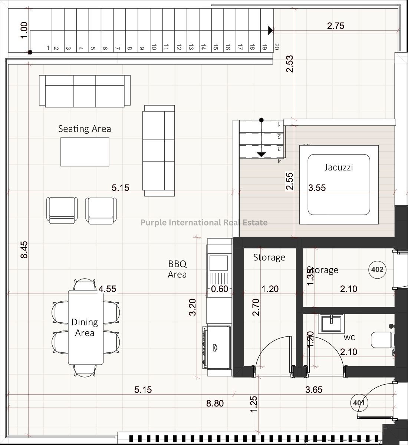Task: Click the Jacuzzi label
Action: [x=339, y=167]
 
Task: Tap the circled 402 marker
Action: [x=377, y=269]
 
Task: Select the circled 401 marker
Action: [x=359, y=403]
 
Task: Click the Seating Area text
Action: [x=85, y=129]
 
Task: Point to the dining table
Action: [x=86, y=328]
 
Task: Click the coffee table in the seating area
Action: [x=85, y=152]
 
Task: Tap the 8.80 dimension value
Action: [x=215, y=404]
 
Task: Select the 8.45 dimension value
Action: [x=24, y=250]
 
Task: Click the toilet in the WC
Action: [x=383, y=340]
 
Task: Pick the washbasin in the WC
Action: [x=331, y=324]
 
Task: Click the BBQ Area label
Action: [x=177, y=269]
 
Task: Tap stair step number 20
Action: [x=277, y=47]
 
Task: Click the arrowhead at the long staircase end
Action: [x=270, y=30]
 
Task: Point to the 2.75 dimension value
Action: [x=336, y=26]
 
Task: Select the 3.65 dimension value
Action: [x=314, y=390]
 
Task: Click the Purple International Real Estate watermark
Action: [x=204, y=222]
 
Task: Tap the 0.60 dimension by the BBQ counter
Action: [x=220, y=289]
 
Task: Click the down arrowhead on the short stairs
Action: [x=261, y=155]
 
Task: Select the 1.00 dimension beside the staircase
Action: [x=24, y=30]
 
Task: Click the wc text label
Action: [x=349, y=338]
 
